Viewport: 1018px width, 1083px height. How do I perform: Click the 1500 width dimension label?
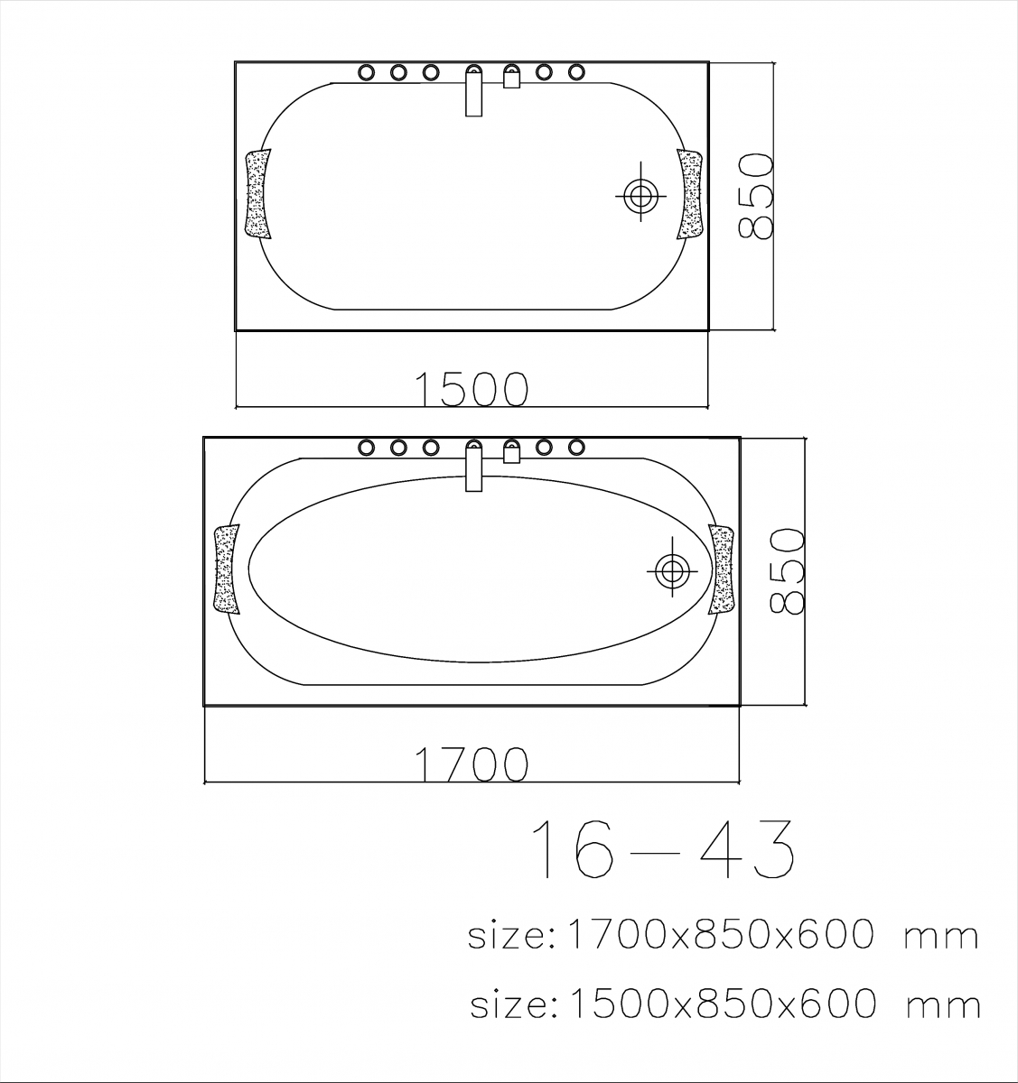[472, 388]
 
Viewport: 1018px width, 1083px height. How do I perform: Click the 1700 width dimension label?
[472, 764]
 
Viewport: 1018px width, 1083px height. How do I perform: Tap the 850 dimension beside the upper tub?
[756, 196]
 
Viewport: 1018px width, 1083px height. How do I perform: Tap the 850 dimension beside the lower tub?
[787, 571]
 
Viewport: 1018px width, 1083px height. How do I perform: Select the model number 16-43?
[663, 856]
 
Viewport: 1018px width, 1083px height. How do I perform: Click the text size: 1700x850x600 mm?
[724, 935]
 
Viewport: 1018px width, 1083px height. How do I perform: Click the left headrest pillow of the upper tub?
[257, 194]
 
